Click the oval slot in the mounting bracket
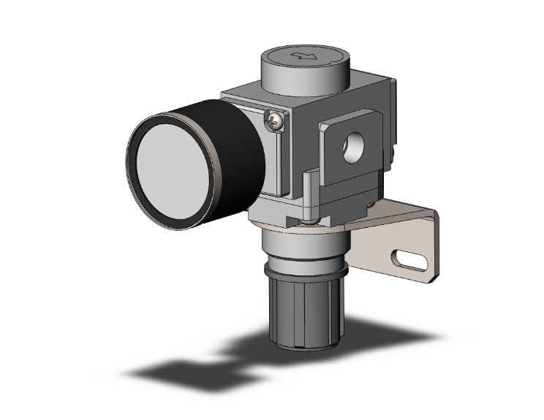[410, 260]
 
